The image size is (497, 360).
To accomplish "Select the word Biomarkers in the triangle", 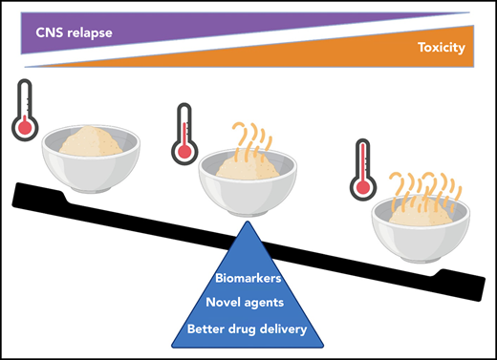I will coord(246,279).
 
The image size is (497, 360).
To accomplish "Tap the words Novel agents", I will coord(246,304).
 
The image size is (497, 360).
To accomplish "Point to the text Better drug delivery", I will coord(246,330).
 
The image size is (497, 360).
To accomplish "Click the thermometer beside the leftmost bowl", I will coord(25,111).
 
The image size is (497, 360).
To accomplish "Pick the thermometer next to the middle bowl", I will coord(183,135).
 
